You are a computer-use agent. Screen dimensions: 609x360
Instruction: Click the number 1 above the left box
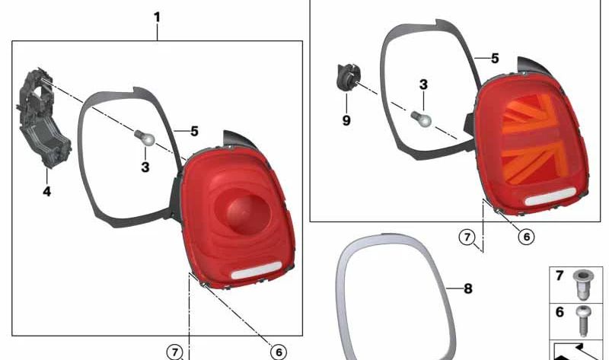[x=157, y=18]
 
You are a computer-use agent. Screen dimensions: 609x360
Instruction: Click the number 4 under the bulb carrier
[x=46, y=192]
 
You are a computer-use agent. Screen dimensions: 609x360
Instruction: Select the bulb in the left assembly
[x=145, y=139]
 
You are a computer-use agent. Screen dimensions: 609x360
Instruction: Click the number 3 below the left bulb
[x=145, y=167]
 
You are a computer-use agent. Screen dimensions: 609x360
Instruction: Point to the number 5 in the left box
[x=194, y=131]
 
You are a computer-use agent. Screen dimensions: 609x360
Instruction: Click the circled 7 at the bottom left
[x=175, y=352]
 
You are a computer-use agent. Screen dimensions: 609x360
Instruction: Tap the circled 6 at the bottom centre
[x=279, y=352]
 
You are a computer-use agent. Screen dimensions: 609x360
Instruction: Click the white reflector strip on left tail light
[x=257, y=270]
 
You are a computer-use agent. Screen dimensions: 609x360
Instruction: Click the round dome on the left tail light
[x=241, y=212]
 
